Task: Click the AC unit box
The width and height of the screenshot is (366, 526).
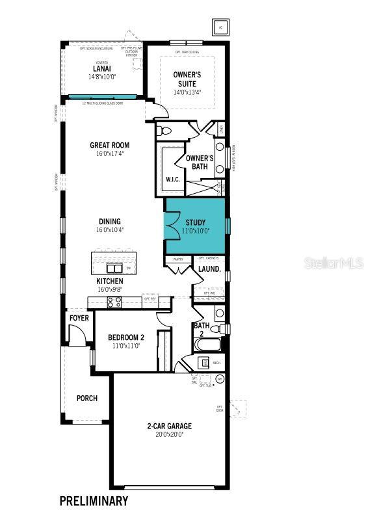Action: pos(220,27)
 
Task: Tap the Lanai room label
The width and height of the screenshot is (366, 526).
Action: pos(101,68)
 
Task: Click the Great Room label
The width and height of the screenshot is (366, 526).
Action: pos(109,146)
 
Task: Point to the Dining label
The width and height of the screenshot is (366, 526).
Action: pos(109,222)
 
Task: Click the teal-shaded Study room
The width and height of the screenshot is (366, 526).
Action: pos(195,226)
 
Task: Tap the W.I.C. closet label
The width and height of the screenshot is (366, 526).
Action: pos(172,179)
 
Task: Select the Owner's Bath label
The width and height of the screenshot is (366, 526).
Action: pos(200,162)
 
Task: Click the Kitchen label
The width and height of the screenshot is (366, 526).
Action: pos(109,281)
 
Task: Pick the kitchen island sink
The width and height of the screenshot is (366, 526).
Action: pos(114,268)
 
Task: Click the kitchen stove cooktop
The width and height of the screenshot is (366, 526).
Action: pos(114,301)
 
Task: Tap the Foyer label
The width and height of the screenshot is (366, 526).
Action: pos(79,318)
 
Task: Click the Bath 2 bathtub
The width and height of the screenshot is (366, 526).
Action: pos(207,343)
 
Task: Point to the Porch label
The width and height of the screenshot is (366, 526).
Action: pos(86,398)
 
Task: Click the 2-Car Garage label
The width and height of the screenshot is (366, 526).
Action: pos(169,427)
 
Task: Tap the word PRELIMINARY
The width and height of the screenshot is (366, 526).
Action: pos(94,501)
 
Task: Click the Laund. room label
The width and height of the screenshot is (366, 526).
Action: pos(210,269)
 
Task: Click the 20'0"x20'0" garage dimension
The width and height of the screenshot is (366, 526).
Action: pos(169,434)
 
